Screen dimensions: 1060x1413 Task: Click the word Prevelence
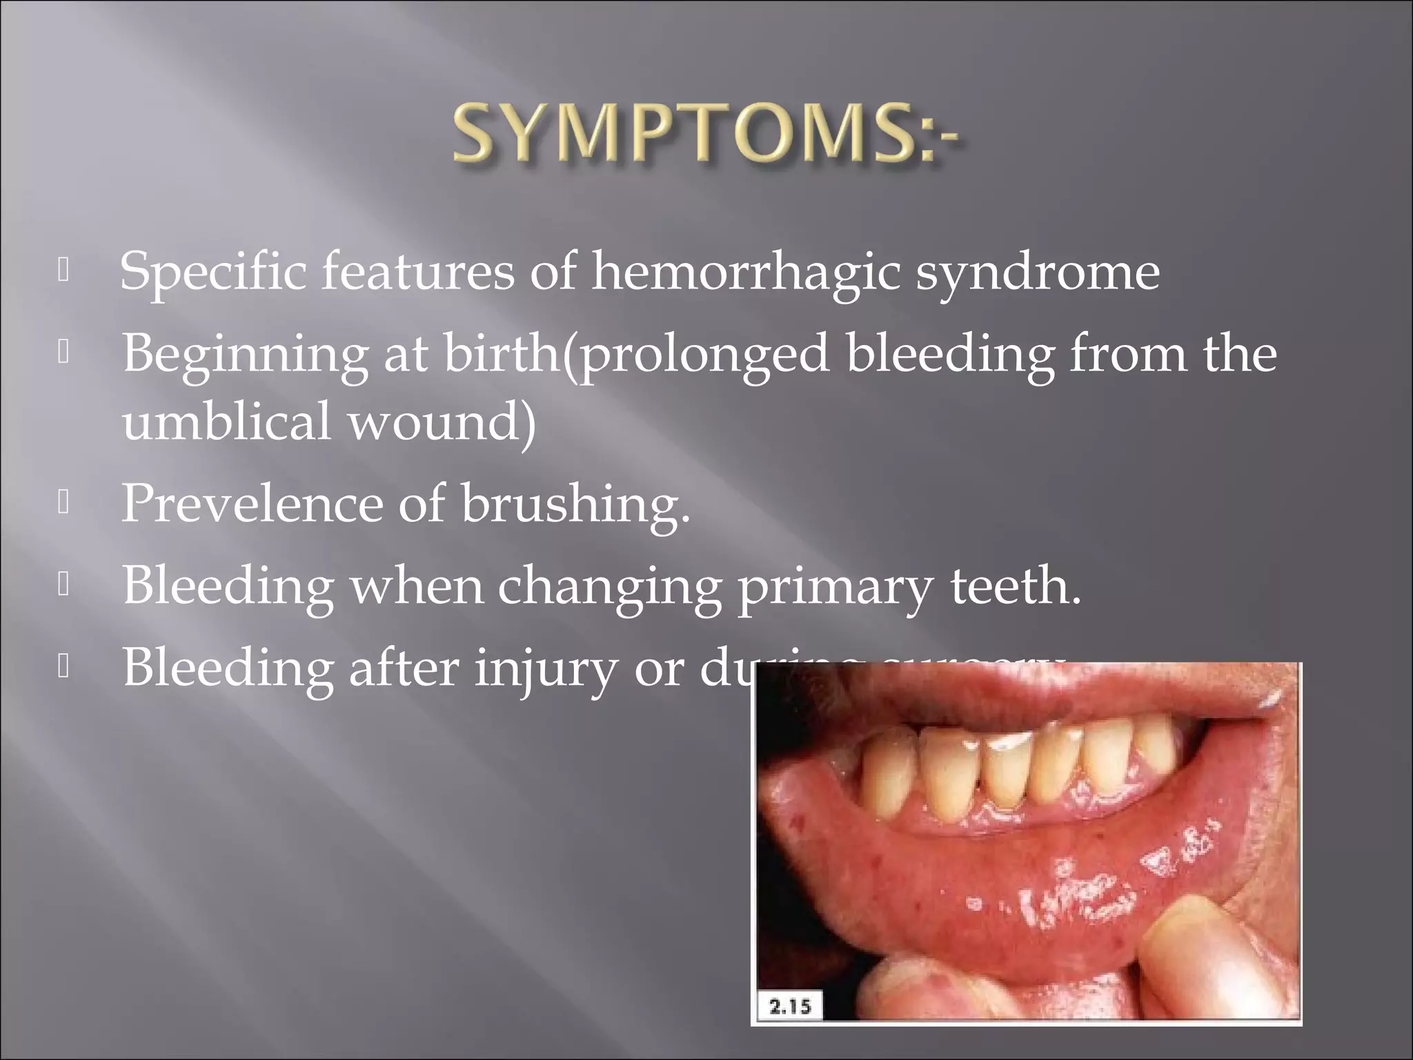click(251, 504)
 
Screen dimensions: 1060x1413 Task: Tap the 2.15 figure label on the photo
click(790, 1007)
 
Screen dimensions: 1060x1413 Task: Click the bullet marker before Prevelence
click(63, 504)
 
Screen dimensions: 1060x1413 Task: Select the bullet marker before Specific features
click(63, 272)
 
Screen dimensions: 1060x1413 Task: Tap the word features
click(417, 273)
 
